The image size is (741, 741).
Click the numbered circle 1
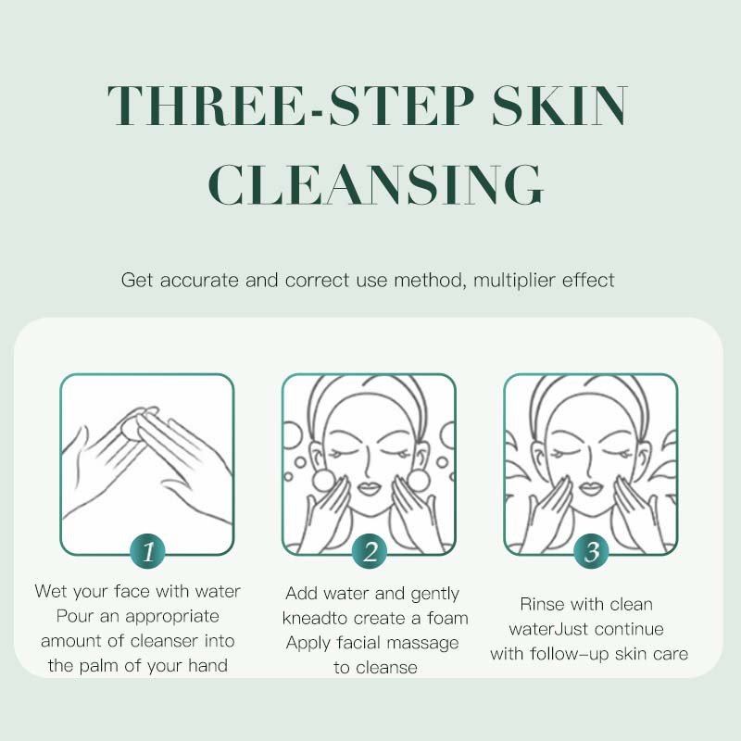pos(147,552)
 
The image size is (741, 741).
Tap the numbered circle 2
pos(370,552)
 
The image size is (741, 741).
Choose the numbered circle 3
pos(592,552)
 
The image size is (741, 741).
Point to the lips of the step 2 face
pos(370,487)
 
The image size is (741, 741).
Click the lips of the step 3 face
pos(592,487)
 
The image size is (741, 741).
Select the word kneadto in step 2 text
pos(316,618)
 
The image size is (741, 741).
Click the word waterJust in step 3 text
pos(540,630)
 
